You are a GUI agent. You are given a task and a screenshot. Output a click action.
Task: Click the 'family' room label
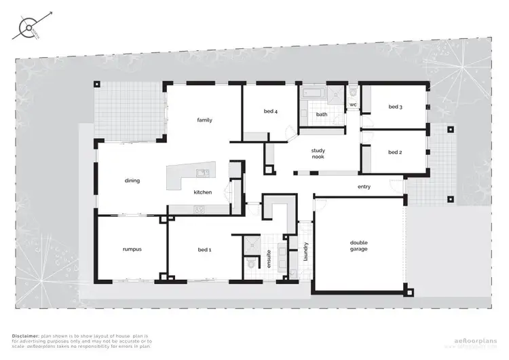click(x=204, y=120)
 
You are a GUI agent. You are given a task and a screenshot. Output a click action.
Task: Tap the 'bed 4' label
click(x=270, y=111)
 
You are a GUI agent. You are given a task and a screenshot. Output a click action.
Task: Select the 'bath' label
click(x=321, y=115)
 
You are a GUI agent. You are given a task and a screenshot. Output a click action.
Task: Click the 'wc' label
click(x=353, y=105)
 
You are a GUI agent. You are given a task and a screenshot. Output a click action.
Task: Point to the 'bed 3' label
click(x=396, y=107)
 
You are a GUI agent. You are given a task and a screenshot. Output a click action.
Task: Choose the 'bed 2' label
click(x=396, y=152)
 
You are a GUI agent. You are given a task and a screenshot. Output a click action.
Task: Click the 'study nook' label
click(x=318, y=154)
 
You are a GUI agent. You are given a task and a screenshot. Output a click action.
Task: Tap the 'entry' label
click(x=364, y=187)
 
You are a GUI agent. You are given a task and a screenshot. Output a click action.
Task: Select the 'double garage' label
click(x=358, y=246)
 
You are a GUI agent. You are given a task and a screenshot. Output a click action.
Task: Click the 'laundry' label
click(x=306, y=251)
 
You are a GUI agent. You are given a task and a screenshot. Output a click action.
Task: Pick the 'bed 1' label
click(x=204, y=250)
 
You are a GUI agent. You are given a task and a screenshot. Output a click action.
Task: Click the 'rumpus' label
click(x=132, y=250)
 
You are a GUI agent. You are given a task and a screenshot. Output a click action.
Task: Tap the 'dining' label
click(x=132, y=181)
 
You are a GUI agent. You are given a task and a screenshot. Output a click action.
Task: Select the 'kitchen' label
click(x=203, y=192)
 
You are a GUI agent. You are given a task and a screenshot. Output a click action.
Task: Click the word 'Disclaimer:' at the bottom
click(x=26, y=336)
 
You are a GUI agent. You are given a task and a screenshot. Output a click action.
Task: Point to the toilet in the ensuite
click(x=250, y=263)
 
